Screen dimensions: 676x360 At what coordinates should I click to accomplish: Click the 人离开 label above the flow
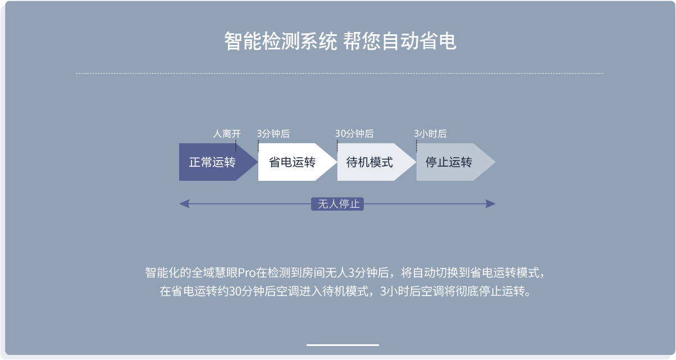pyautogui.click(x=227, y=134)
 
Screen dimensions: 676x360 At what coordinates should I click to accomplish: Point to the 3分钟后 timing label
pyautogui.click(x=273, y=134)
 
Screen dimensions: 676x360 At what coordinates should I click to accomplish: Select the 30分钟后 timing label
pyautogui.click(x=355, y=134)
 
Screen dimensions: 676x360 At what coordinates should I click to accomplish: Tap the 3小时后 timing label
pyautogui.click(x=430, y=134)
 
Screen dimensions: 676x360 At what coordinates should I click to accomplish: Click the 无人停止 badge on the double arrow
pyautogui.click(x=337, y=204)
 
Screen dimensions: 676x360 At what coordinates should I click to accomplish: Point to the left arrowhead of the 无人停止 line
pyautogui.click(x=184, y=204)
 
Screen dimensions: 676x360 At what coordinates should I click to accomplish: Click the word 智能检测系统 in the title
pyautogui.click(x=281, y=41)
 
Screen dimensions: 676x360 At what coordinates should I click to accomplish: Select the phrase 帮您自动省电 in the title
pyautogui.click(x=400, y=41)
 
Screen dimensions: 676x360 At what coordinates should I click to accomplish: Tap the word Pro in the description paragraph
pyautogui.click(x=247, y=273)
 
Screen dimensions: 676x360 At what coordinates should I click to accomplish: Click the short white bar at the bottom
pyautogui.click(x=342, y=345)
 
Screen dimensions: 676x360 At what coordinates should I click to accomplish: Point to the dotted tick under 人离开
pyautogui.click(x=236, y=146)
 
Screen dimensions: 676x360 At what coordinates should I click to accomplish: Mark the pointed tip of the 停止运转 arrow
pyautogui.click(x=495, y=162)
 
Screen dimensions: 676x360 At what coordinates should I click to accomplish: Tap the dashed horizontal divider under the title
pyautogui.click(x=340, y=74)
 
